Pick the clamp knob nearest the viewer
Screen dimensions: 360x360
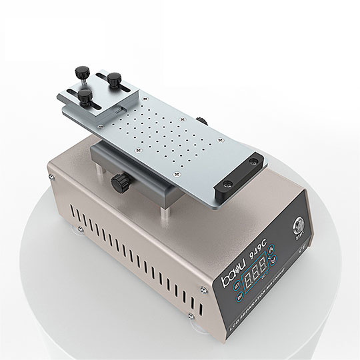pos(85,97)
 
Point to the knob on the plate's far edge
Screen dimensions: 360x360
pos(205,120)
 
